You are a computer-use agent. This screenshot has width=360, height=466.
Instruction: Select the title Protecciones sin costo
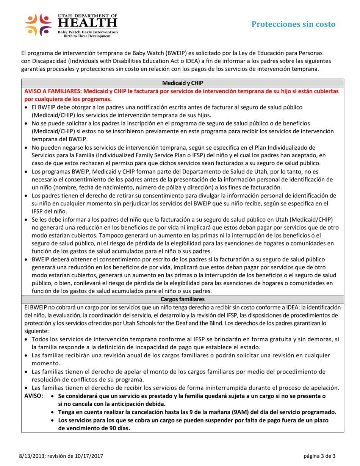[x=294, y=24]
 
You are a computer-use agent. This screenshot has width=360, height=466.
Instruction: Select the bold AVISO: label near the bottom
[x=33, y=396]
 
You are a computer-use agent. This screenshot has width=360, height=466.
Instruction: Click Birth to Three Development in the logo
[x=87, y=37]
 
